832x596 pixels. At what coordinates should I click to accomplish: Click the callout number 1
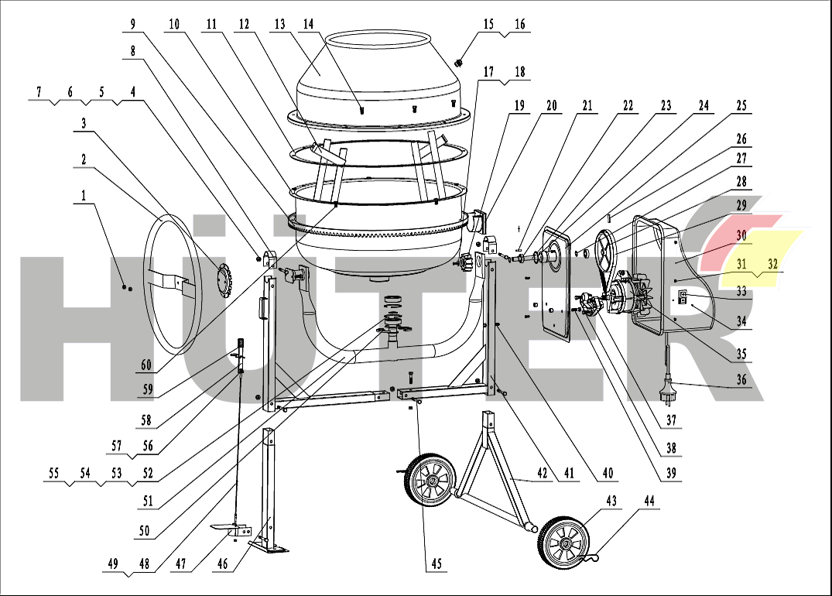(84, 197)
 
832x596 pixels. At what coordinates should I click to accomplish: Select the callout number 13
(279, 24)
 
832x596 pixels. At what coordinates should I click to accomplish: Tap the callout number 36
(741, 379)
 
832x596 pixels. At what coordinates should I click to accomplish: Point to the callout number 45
(437, 564)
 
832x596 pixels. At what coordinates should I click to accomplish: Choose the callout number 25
(741, 105)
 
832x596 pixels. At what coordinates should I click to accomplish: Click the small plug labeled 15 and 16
(459, 63)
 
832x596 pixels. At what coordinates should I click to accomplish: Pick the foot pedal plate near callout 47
(230, 529)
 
